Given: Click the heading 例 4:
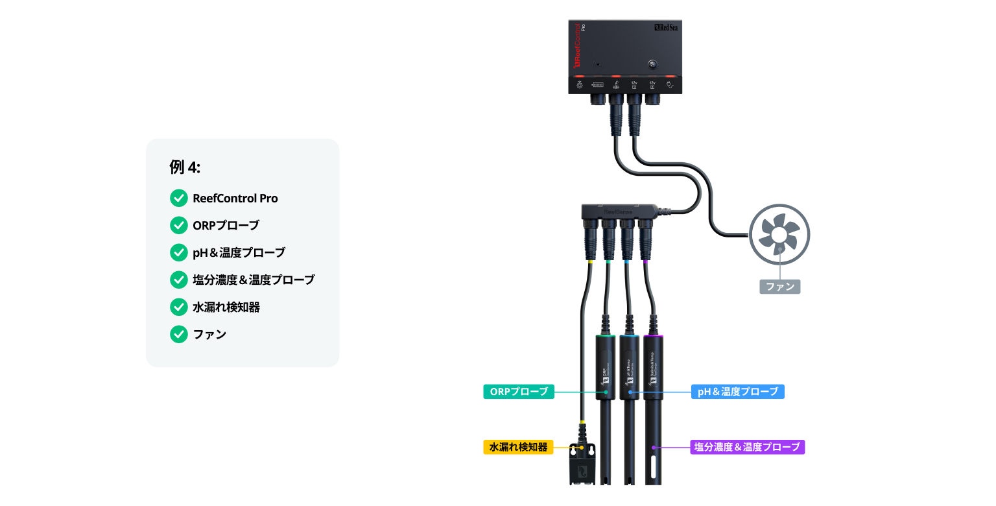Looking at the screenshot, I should pos(185,167).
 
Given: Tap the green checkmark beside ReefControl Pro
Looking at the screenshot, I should pos(178,199).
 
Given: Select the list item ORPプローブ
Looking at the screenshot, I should pos(226,226).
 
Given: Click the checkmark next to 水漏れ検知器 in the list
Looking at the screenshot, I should pos(178,307).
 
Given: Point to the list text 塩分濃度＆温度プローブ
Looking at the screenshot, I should pos(254,280).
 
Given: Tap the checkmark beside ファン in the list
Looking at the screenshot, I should pos(178,334).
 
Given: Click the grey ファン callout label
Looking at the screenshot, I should pos(779,286).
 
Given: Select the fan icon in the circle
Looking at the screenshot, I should pos(779,234).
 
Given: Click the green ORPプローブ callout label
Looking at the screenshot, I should pos(518,392).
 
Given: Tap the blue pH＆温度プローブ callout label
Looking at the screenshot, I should pos(738,392).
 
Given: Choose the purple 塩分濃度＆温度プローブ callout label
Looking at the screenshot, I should pos(747,447).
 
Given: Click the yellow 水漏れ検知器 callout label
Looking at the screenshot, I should pos(518,447).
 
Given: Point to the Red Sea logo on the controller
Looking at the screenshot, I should pos(666,28).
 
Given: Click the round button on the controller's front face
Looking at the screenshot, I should pos(653,65).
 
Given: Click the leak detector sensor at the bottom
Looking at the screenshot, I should pos(582,464).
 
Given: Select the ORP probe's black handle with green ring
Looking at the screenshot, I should pos(606,367).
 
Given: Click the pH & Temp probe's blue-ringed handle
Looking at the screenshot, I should pos(629,367).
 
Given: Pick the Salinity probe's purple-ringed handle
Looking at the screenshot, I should pos(653,367).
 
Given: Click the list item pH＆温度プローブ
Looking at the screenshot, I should pos(239,253).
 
